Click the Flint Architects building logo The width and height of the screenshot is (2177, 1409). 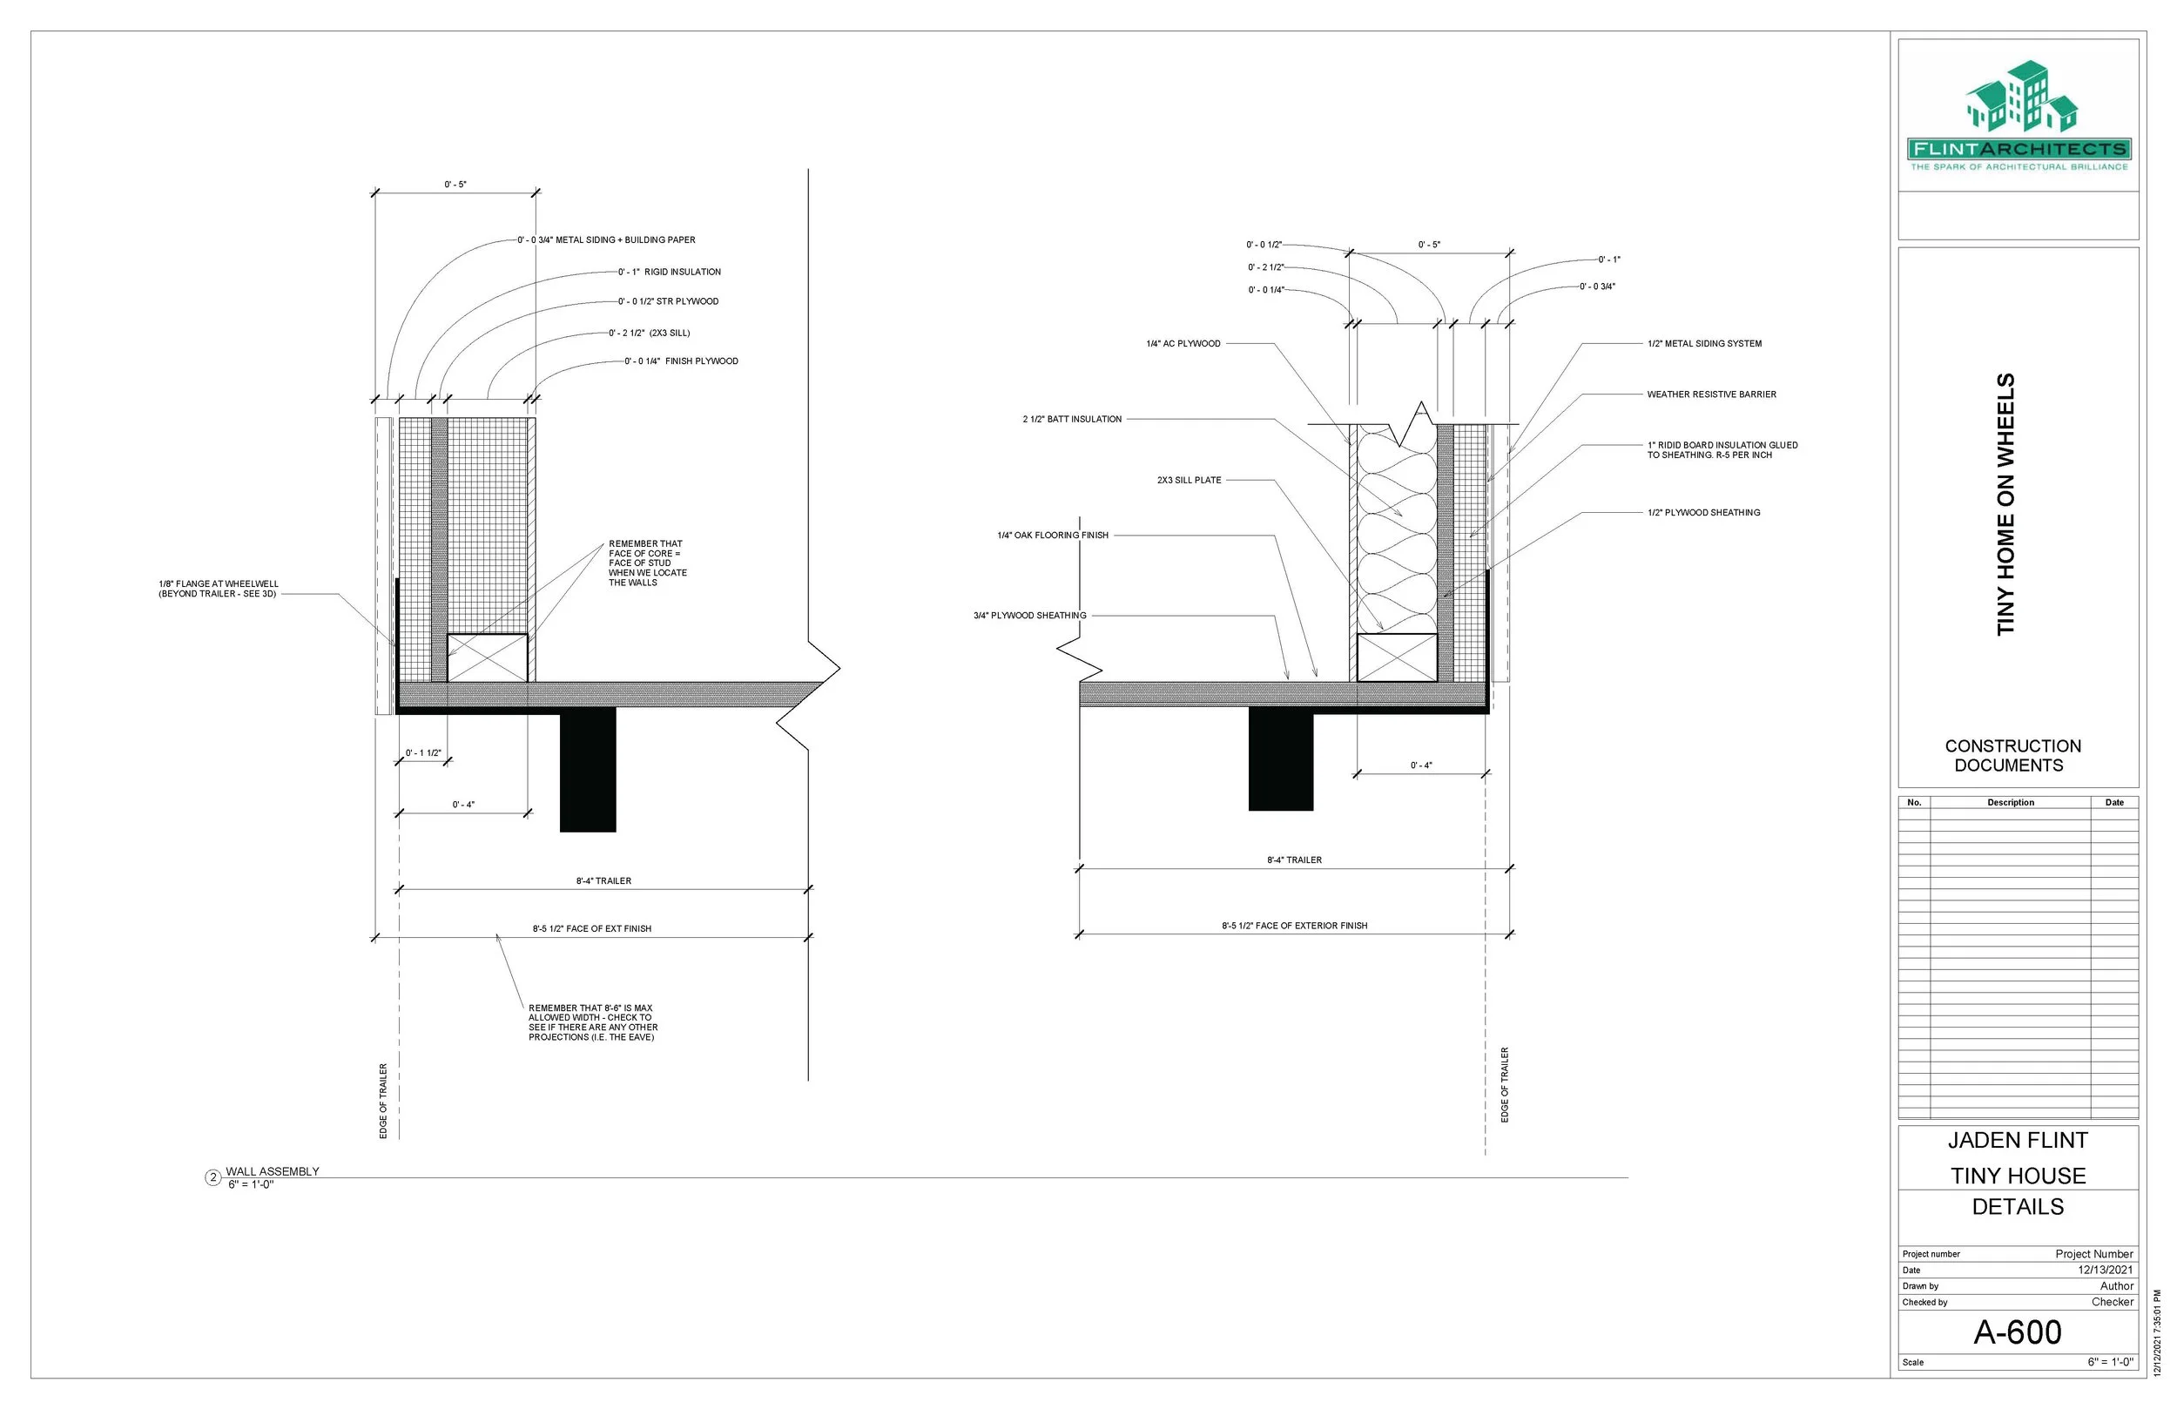point(2019,98)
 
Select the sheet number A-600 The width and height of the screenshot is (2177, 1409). point(2017,1332)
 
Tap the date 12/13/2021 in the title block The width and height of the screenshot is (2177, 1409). point(2105,1270)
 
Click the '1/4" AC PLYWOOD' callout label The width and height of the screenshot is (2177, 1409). point(1183,344)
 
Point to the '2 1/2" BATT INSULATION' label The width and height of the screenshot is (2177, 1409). point(1071,419)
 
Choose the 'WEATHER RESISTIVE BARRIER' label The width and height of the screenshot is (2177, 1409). point(1710,394)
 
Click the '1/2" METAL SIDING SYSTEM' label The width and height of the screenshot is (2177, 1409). point(1703,344)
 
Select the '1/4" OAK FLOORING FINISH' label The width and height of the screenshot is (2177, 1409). point(1052,536)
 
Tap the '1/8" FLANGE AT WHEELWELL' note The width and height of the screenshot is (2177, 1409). point(218,589)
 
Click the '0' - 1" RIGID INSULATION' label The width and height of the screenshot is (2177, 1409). point(669,272)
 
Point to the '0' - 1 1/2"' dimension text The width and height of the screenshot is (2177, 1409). point(422,753)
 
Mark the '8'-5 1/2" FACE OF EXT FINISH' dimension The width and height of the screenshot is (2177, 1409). point(592,928)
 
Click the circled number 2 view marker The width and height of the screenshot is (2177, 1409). point(212,1177)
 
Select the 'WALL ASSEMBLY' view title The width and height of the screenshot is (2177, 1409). point(273,1171)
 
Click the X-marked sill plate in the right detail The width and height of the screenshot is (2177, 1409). point(1396,657)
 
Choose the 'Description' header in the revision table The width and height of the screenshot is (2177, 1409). point(2010,802)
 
